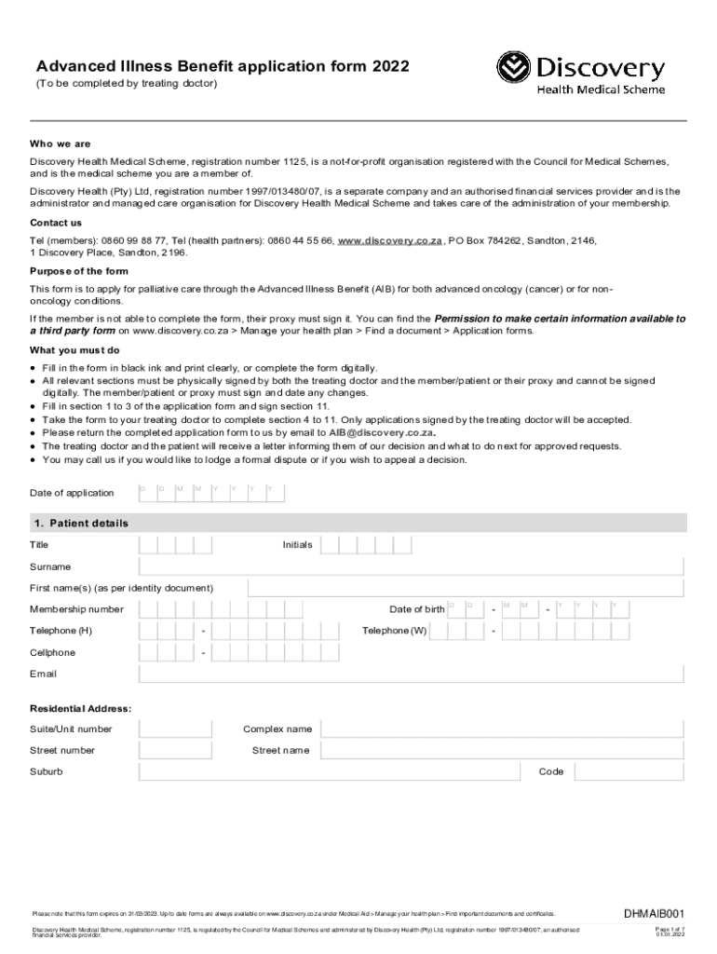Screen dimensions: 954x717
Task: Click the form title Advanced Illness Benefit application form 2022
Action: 222,66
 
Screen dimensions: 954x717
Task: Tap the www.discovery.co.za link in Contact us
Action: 389,240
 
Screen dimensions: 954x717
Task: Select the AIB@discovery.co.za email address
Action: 382,433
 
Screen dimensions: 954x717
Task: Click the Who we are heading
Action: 61,144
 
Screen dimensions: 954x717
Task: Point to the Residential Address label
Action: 81,709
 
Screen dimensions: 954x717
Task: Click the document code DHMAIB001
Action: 655,914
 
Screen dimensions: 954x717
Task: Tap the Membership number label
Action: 76,609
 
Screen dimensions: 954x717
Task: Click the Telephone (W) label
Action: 394,631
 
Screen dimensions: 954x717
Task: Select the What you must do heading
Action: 74,350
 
